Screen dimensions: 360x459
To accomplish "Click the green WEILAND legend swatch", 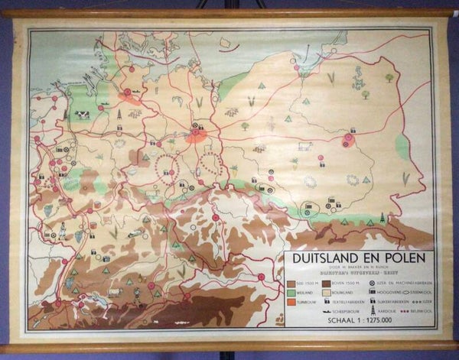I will [x=291, y=291].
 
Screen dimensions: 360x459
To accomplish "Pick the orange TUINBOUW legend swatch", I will [x=291, y=302].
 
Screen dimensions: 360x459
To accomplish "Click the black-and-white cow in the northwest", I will [x=80, y=115].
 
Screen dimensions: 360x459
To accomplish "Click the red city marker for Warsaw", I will [x=349, y=140].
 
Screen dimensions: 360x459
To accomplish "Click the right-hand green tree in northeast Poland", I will [x=389, y=77].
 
